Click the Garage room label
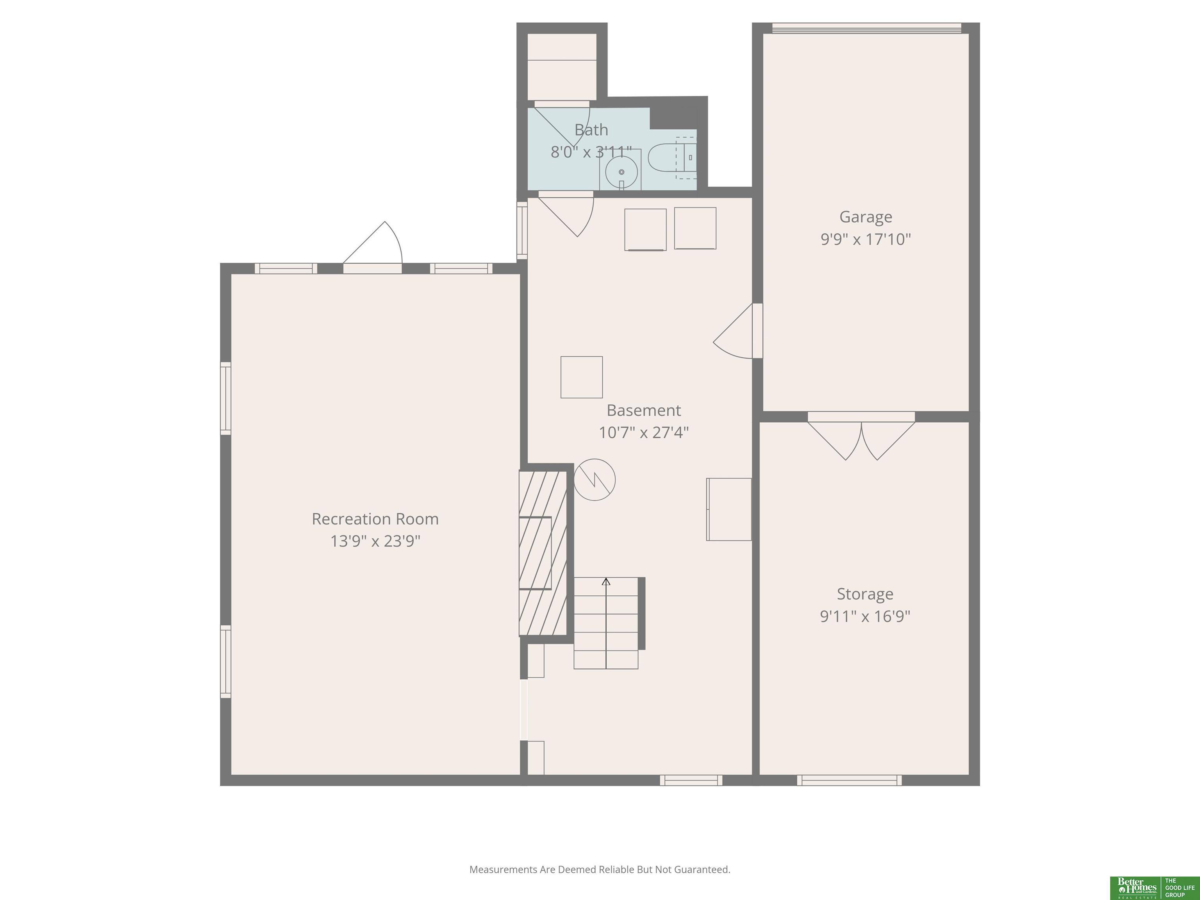click(x=865, y=217)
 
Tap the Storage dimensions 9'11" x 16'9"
click(x=865, y=616)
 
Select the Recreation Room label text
click(x=375, y=519)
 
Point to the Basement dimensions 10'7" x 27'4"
click(x=643, y=433)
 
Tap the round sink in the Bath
click(x=621, y=172)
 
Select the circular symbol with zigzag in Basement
click(x=595, y=480)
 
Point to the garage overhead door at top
click(x=866, y=28)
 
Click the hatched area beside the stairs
click(x=543, y=554)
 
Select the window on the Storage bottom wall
click(x=849, y=780)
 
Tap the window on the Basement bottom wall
click(x=691, y=780)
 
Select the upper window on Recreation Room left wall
click(x=225, y=398)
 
